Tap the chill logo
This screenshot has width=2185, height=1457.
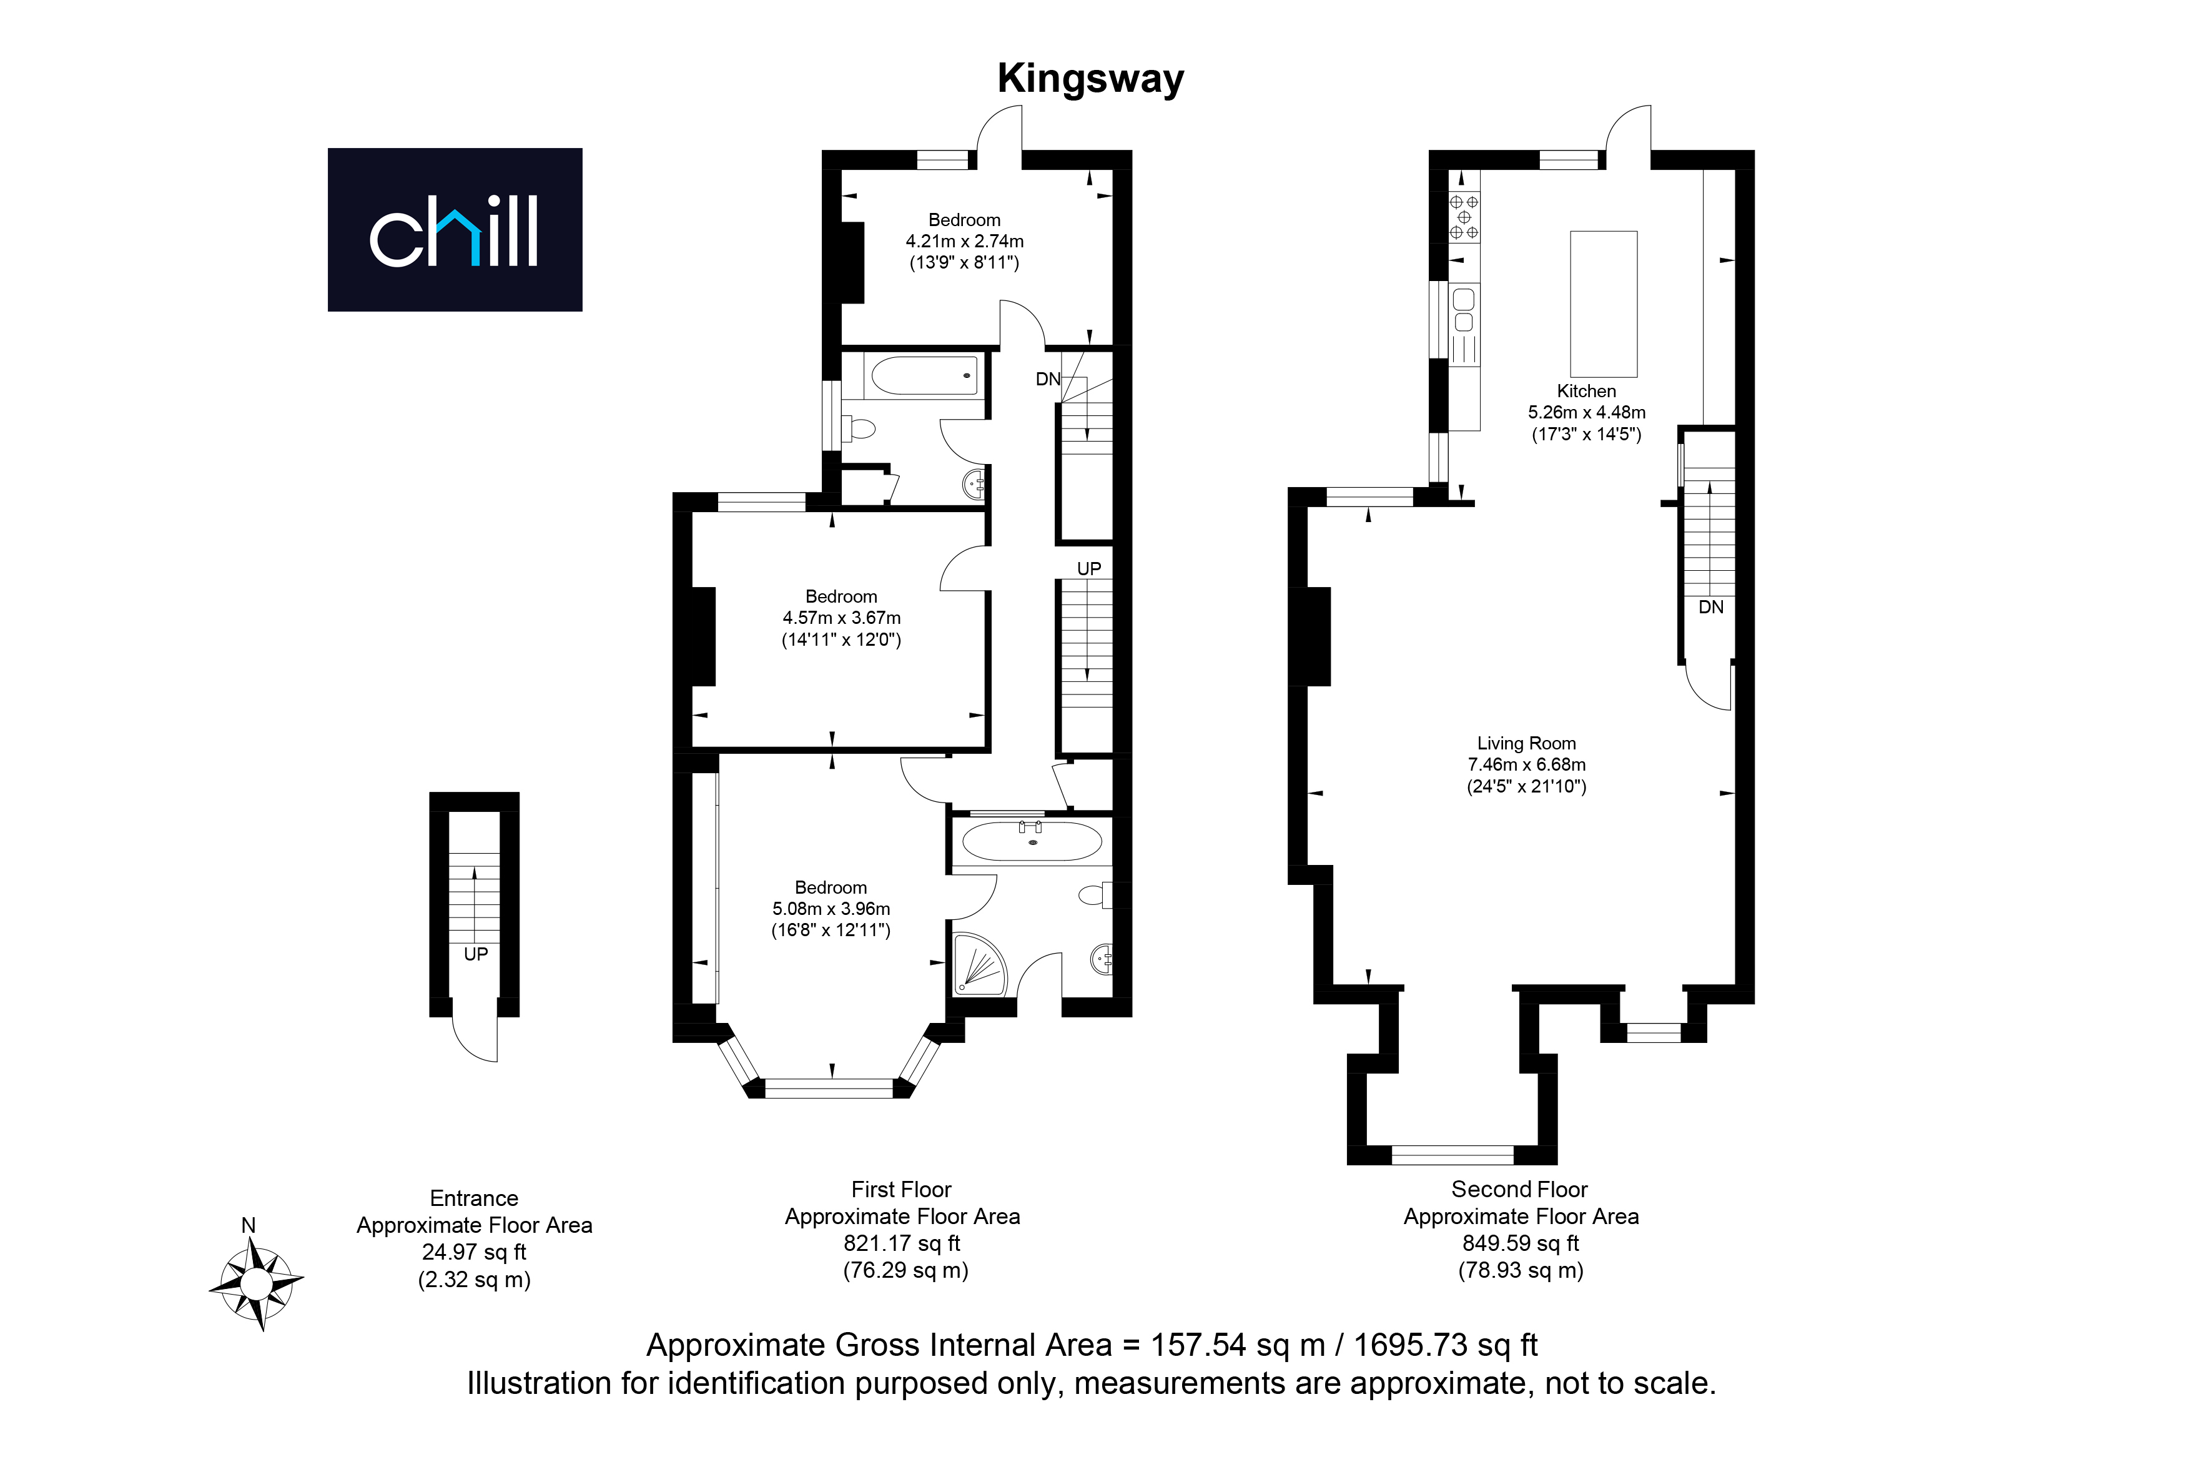[455, 230]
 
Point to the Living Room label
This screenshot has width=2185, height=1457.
[1526, 743]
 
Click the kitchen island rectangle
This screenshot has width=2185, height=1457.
[1604, 303]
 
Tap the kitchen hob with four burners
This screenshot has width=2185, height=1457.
[1464, 217]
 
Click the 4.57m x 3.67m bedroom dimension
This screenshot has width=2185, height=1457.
[842, 618]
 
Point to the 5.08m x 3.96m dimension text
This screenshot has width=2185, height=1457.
[831, 909]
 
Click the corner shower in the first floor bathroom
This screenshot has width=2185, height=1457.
[979, 964]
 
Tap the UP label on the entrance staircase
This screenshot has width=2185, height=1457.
[476, 954]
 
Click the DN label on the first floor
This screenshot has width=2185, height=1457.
[1048, 379]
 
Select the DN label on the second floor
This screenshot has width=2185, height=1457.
[1710, 608]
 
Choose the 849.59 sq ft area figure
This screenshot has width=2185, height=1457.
[1521, 1243]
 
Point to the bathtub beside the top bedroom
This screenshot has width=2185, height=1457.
[924, 375]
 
